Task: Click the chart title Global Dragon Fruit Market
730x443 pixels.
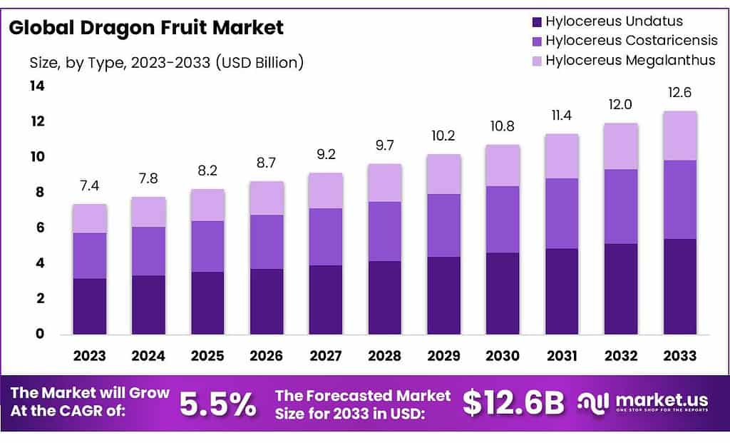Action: coord(146,28)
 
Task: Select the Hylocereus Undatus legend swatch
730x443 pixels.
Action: coord(537,21)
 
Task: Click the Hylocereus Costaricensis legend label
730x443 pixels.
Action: coord(631,41)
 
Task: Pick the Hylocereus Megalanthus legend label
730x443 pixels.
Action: coord(630,60)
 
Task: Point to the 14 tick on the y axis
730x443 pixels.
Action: coord(36,86)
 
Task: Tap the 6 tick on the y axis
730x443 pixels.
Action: coord(40,228)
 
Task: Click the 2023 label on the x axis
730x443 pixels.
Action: coord(89,356)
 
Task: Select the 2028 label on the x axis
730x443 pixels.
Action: coord(385,356)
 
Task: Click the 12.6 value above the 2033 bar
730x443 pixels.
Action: coord(680,93)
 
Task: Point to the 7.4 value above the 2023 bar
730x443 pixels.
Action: coord(89,186)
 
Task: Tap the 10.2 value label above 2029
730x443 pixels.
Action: coord(443,136)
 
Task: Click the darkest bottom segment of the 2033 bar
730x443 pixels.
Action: coord(680,286)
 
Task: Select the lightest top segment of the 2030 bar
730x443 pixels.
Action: coord(503,166)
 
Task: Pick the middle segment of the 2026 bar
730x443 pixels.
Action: coord(267,242)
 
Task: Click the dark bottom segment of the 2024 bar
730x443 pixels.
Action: coord(148,305)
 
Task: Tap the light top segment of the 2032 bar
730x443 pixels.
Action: coord(621,146)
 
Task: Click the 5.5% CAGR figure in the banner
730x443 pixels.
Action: coord(217,404)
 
